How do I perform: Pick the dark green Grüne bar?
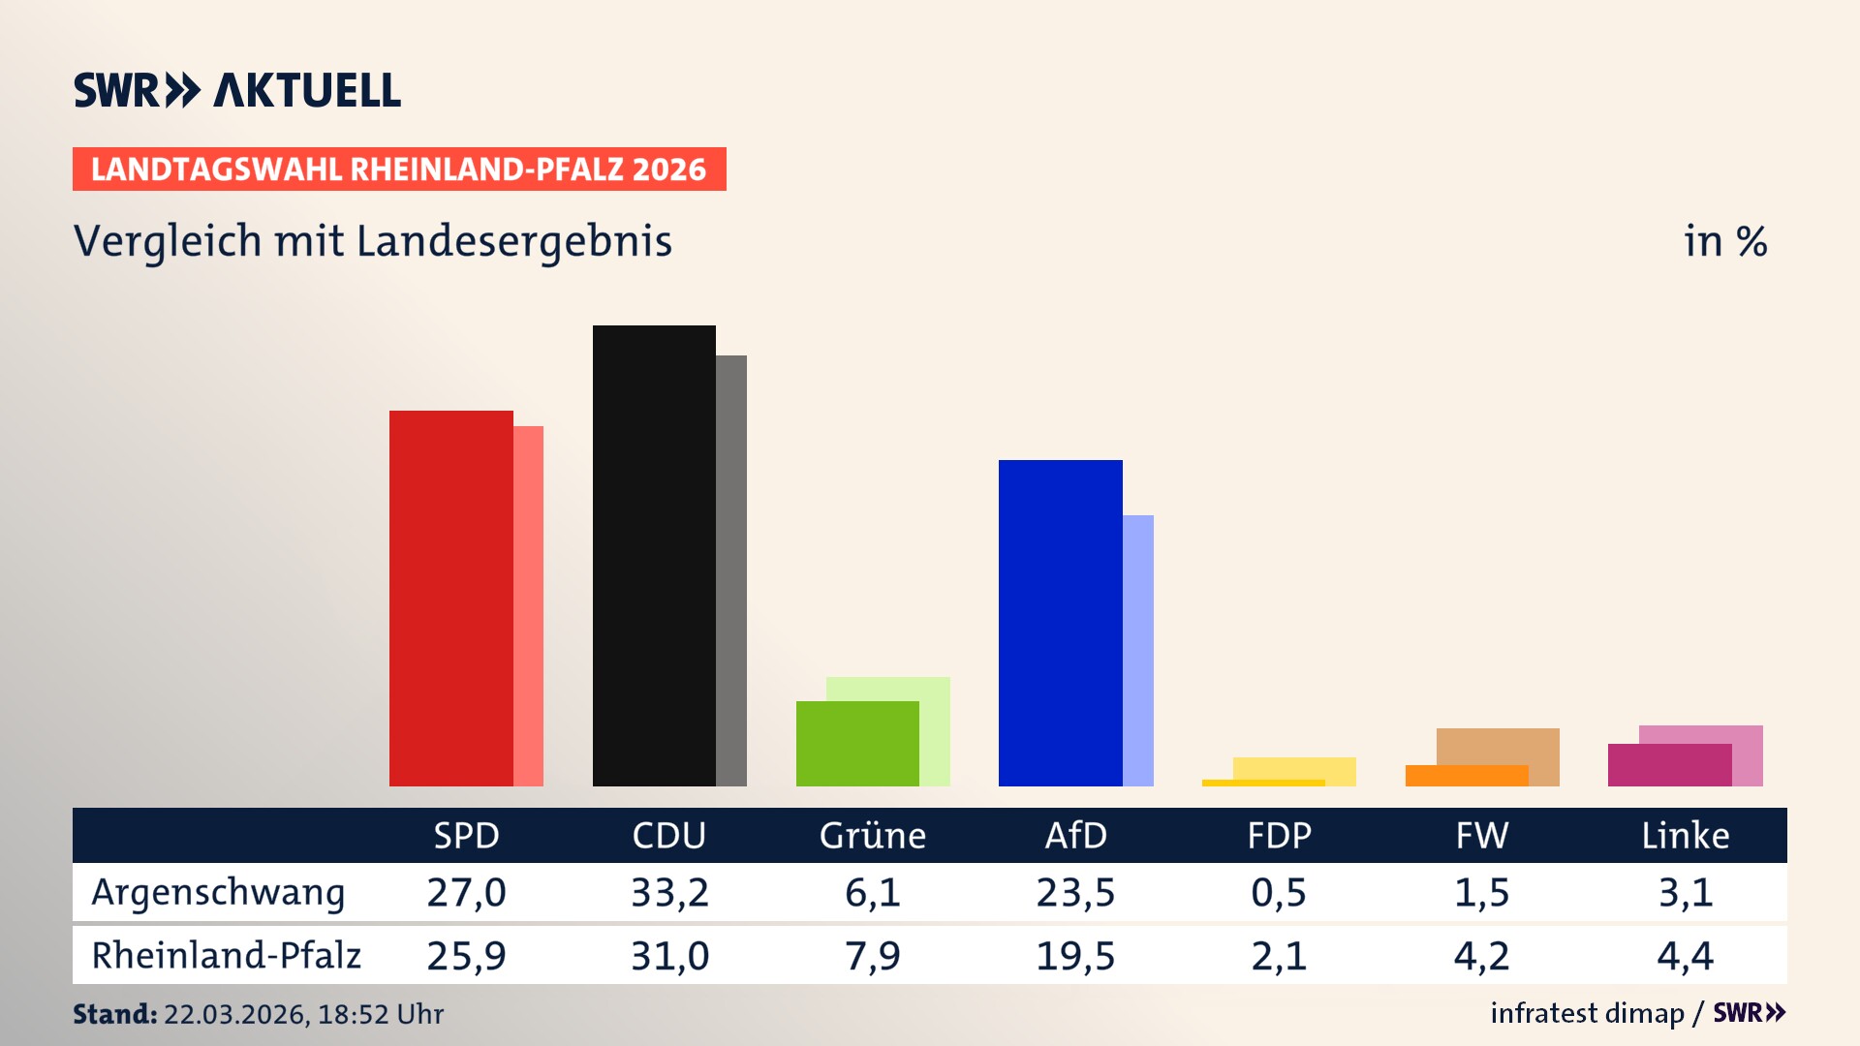pos(856,743)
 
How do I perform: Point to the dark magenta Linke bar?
pos(1668,765)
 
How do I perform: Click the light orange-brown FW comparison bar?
pos(1498,745)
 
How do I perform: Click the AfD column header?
pos(1075,836)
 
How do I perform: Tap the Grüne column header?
pos(872,836)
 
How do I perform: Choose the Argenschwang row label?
pos(218,893)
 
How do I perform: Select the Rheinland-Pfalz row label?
pos(226,956)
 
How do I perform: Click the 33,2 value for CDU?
pos(669,893)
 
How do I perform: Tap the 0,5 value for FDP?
pos(1279,893)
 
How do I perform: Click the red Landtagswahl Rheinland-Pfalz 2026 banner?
pos(398,169)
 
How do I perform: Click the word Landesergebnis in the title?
pos(513,241)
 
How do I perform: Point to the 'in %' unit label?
pos(1724,241)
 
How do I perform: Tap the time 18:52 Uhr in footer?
pos(380,1014)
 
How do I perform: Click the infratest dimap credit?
pos(1586,1013)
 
